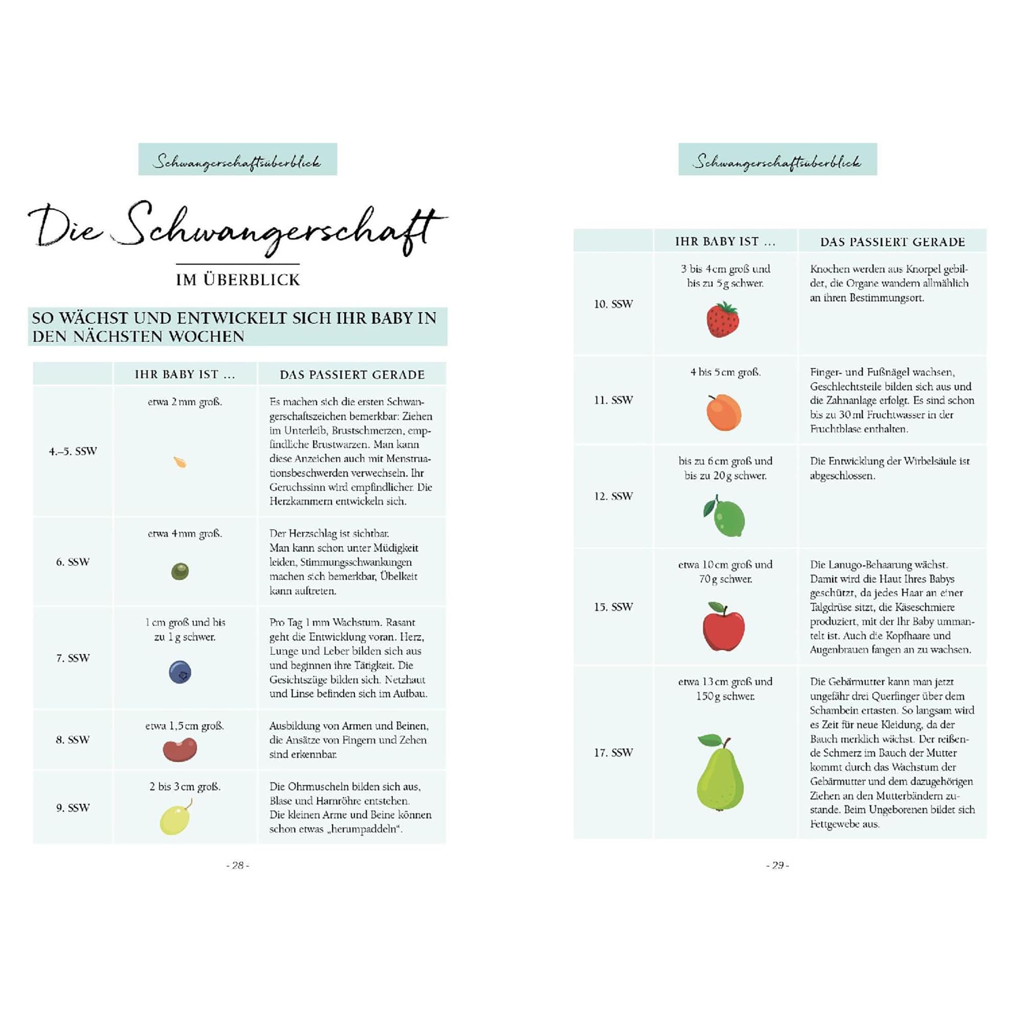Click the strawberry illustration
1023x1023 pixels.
(723, 320)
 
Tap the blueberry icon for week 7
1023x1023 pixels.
(180, 672)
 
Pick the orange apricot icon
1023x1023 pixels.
(724, 413)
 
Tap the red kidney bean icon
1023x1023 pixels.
(180, 750)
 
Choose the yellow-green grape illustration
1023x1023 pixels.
(175, 818)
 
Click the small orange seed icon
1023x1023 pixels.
(180, 462)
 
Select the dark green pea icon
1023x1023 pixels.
(180, 572)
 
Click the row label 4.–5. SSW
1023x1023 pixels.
(73, 451)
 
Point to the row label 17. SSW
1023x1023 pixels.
(613, 753)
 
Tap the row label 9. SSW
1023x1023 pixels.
(73, 807)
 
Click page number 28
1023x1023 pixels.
(238, 865)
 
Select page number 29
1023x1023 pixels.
(777, 865)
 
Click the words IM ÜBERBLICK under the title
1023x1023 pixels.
(238, 280)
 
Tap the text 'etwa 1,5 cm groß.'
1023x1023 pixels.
(185, 725)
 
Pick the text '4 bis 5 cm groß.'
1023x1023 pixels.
(725, 372)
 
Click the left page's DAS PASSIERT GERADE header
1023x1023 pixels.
(352, 375)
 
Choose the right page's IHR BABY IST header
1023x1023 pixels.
(725, 241)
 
